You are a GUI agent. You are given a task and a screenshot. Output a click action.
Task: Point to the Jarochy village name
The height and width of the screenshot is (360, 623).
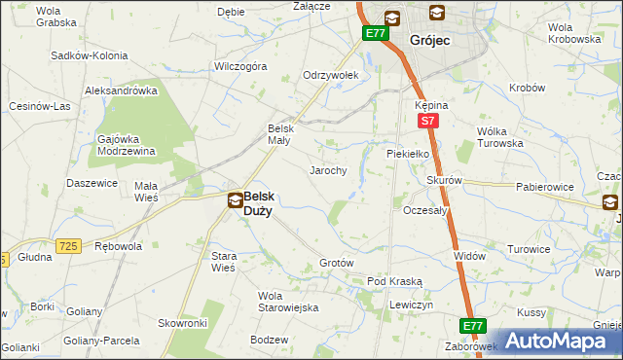tap(328, 170)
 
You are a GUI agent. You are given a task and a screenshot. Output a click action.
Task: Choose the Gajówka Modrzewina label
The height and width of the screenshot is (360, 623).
tap(128, 145)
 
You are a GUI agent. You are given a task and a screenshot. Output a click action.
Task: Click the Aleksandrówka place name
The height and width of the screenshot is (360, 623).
tap(122, 90)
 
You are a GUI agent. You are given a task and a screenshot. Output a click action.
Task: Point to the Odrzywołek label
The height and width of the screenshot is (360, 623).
tap(331, 75)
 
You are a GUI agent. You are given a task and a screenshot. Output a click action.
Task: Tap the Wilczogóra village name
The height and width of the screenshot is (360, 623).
tap(241, 67)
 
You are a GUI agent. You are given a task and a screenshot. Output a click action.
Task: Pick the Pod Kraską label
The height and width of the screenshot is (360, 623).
tap(394, 281)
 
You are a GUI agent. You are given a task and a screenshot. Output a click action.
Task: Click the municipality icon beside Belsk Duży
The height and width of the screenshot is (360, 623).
tap(235, 201)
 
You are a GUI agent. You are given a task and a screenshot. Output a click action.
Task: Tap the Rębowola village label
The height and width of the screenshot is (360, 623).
tap(119, 246)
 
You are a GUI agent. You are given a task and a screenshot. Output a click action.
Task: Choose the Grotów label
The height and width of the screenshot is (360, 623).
tap(336, 264)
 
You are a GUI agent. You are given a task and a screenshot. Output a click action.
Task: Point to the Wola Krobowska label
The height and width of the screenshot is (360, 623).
tap(573, 32)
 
